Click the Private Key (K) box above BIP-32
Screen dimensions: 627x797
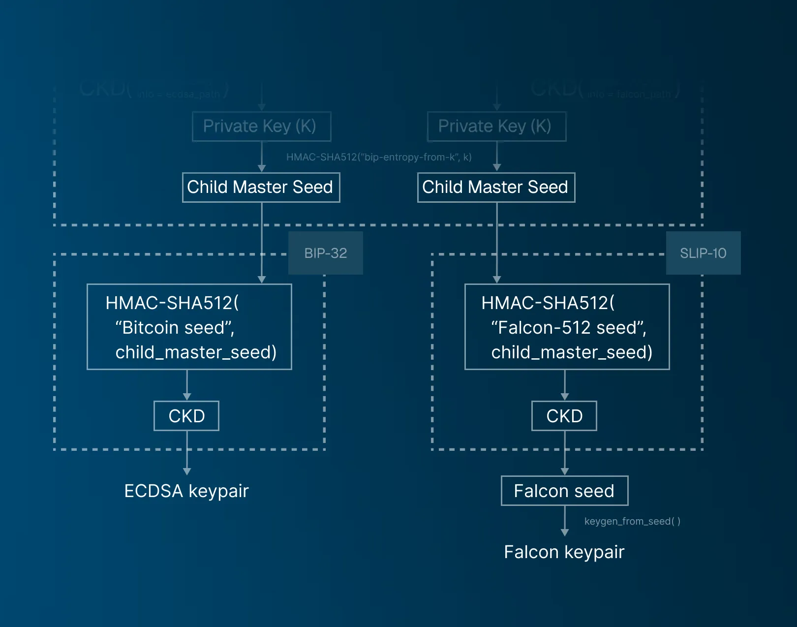click(x=261, y=126)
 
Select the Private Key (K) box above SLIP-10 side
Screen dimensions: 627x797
click(x=496, y=126)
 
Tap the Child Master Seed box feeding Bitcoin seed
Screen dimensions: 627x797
click(x=261, y=187)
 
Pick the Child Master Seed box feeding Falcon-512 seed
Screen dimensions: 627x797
click(x=496, y=187)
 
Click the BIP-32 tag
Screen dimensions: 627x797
click(x=325, y=253)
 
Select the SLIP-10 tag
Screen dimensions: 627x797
click(x=703, y=253)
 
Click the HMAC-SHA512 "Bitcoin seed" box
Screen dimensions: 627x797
click(x=189, y=327)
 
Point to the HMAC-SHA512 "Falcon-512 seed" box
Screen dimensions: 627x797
click(x=567, y=327)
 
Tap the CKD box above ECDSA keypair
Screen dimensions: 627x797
click(x=186, y=416)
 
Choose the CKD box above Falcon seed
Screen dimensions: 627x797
click(x=564, y=416)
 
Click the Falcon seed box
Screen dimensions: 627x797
click(x=564, y=491)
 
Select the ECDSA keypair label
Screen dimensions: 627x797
click(x=186, y=491)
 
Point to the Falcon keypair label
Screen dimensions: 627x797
click(x=564, y=552)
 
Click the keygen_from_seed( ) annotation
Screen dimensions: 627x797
click(x=632, y=521)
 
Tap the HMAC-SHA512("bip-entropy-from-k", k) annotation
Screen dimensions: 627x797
click(x=379, y=157)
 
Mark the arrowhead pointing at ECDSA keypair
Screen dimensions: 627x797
click(x=187, y=471)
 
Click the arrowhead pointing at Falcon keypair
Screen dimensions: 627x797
click(x=565, y=533)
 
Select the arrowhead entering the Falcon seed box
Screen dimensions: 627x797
click(x=565, y=471)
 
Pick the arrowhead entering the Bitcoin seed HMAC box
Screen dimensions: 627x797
click(x=262, y=280)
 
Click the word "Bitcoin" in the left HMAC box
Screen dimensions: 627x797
click(x=148, y=328)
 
